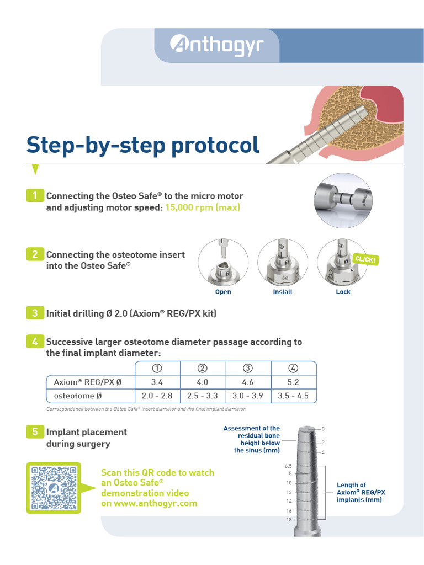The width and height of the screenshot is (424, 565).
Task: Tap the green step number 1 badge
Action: pos(35,195)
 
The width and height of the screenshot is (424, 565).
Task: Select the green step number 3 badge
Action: pos(35,313)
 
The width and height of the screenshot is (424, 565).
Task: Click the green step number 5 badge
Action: pos(35,432)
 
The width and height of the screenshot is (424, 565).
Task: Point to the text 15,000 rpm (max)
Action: pos(203,207)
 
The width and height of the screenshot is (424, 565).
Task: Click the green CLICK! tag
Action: pos(365,259)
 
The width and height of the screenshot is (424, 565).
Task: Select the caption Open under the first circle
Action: pos(223,292)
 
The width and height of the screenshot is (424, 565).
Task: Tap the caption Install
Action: pos(283,292)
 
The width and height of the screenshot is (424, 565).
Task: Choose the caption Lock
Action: pos(343,292)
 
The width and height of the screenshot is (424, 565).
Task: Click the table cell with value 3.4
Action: pos(157,382)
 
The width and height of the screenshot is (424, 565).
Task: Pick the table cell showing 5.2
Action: pos(294,382)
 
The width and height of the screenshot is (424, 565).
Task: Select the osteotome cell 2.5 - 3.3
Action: pos(203,396)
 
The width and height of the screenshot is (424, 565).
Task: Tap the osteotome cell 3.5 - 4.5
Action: pos(294,396)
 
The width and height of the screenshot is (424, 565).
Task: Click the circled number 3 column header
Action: pos(248,368)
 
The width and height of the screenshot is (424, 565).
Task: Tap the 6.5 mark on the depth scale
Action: pos(288,466)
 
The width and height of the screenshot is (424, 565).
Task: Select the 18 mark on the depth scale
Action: pos(289,520)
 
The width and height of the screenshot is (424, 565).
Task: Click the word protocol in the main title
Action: pos(215,145)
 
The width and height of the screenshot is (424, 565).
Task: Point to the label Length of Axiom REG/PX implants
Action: pos(361,492)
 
